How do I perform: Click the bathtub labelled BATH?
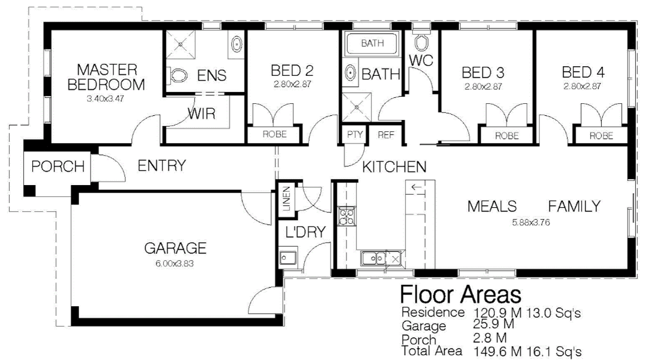[x=373, y=43]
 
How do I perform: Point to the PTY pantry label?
[x=354, y=135]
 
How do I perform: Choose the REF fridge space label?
[x=386, y=135]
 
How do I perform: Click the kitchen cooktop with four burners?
[x=346, y=216]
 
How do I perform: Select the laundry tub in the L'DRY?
[x=286, y=258]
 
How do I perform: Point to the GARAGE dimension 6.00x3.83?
[x=175, y=264]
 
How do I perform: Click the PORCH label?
[x=58, y=167]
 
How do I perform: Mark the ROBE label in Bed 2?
[x=274, y=135]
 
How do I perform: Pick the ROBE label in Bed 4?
[x=601, y=136]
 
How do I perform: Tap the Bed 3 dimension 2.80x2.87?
[x=483, y=86]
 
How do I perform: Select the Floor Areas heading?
[x=460, y=295]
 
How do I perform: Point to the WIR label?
[x=201, y=114]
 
